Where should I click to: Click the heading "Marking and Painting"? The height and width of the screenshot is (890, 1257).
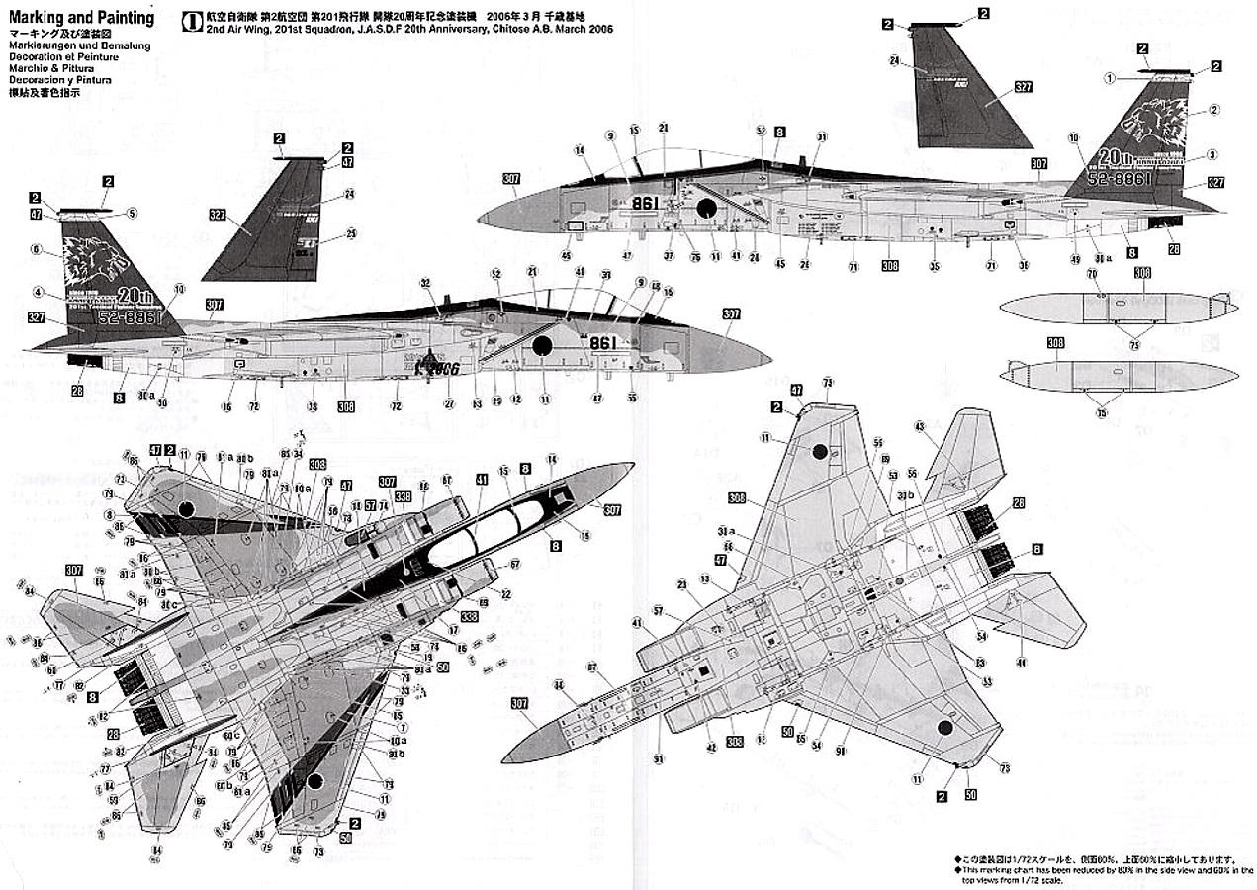coord(81,18)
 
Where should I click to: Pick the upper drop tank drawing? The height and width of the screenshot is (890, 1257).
coord(1118,308)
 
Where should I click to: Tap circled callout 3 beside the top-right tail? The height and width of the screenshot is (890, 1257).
coord(1213,156)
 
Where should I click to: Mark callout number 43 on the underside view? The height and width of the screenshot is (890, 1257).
coord(919,425)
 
